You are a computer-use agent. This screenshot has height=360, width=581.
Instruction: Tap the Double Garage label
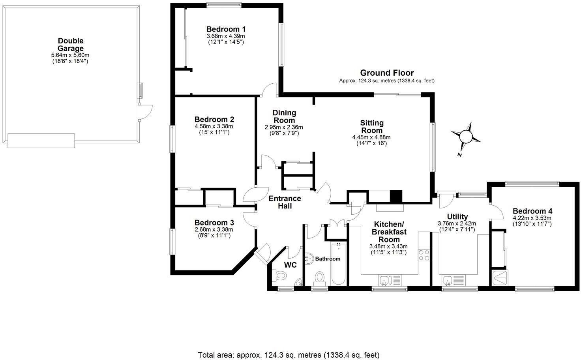[x=71, y=45]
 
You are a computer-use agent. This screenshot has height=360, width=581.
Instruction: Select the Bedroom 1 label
[x=226, y=29]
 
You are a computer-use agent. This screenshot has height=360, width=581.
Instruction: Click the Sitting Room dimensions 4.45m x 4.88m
[x=371, y=137]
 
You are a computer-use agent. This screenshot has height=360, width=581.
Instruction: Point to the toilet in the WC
[x=281, y=275]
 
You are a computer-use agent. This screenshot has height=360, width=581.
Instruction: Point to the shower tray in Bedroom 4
[x=500, y=278]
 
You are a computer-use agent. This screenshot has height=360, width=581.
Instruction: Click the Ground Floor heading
[x=387, y=73]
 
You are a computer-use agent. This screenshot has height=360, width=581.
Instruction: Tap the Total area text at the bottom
[x=288, y=355]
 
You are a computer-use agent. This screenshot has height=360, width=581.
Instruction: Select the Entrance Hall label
[x=285, y=202]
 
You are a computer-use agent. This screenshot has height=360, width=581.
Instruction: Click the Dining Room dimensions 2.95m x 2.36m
[x=284, y=127]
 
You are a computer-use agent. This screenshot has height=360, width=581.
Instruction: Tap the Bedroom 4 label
[x=532, y=211]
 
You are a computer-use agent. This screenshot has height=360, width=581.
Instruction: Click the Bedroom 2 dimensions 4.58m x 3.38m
[x=214, y=126]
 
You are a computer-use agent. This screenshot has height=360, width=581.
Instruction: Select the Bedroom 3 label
[x=214, y=222]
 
